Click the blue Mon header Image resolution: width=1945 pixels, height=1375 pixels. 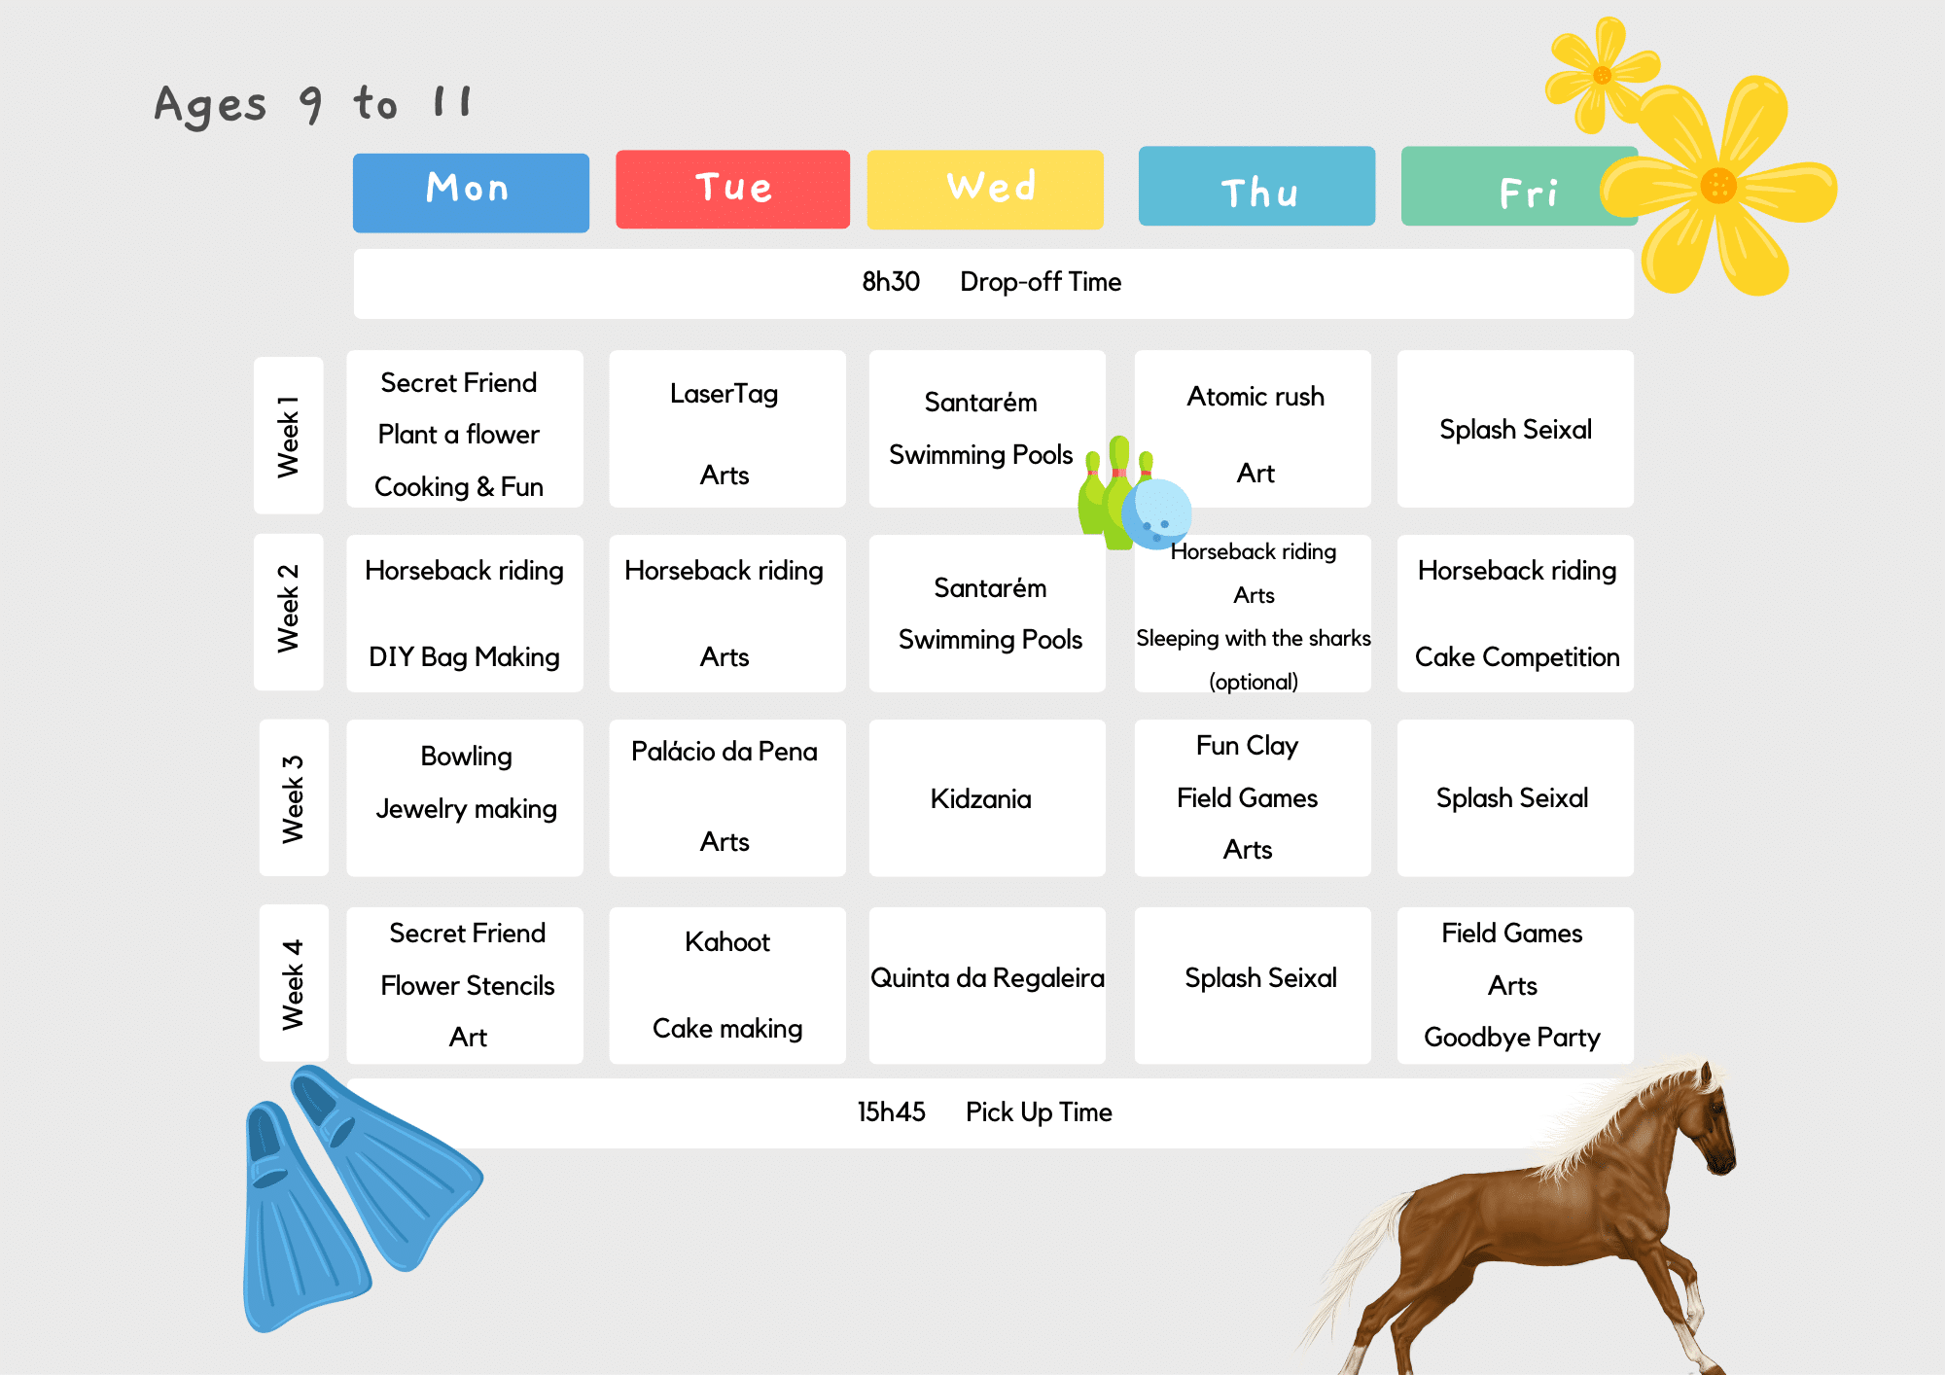click(x=471, y=192)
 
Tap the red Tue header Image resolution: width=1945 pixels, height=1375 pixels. click(x=732, y=189)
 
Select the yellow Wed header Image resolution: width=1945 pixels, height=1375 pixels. click(x=985, y=189)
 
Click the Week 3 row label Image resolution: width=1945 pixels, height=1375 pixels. click(x=294, y=798)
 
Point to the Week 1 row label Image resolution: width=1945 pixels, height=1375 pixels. click(x=288, y=436)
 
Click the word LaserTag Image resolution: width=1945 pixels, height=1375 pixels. click(x=725, y=394)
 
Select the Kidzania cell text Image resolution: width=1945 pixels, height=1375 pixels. click(x=980, y=799)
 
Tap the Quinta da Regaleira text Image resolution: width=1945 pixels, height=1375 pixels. click(x=987, y=978)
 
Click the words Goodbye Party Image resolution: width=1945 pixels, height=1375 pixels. click(x=1512, y=1038)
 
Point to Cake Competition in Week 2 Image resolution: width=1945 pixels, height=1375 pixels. click(x=1517, y=657)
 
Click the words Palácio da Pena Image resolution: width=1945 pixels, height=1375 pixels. click(x=725, y=752)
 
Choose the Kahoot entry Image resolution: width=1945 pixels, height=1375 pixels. click(x=727, y=942)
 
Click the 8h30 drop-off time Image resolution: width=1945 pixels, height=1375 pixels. click(x=891, y=282)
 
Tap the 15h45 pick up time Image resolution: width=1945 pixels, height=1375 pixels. click(x=891, y=1112)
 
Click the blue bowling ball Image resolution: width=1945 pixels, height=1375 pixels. click(x=1156, y=513)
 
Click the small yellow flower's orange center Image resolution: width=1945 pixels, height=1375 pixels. click(x=1603, y=75)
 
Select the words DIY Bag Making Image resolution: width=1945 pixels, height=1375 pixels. click(x=464, y=657)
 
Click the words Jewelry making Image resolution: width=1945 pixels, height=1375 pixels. click(x=467, y=809)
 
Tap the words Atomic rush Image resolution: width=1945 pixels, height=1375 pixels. click(x=1255, y=397)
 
